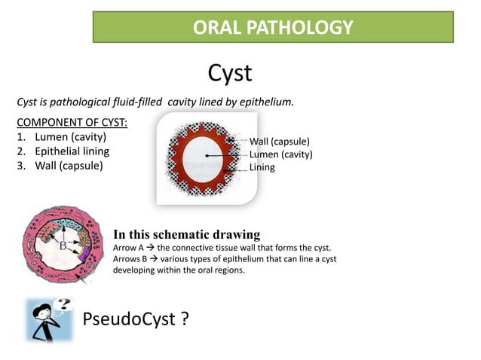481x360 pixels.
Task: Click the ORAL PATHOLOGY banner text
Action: [x=273, y=28]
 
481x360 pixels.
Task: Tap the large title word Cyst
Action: [x=229, y=73]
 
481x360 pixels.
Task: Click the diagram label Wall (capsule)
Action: [x=279, y=142]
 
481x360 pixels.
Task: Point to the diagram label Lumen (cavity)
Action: [x=280, y=154]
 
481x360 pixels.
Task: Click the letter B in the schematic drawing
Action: [x=63, y=245]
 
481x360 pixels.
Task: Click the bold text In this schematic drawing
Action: [x=186, y=234]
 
